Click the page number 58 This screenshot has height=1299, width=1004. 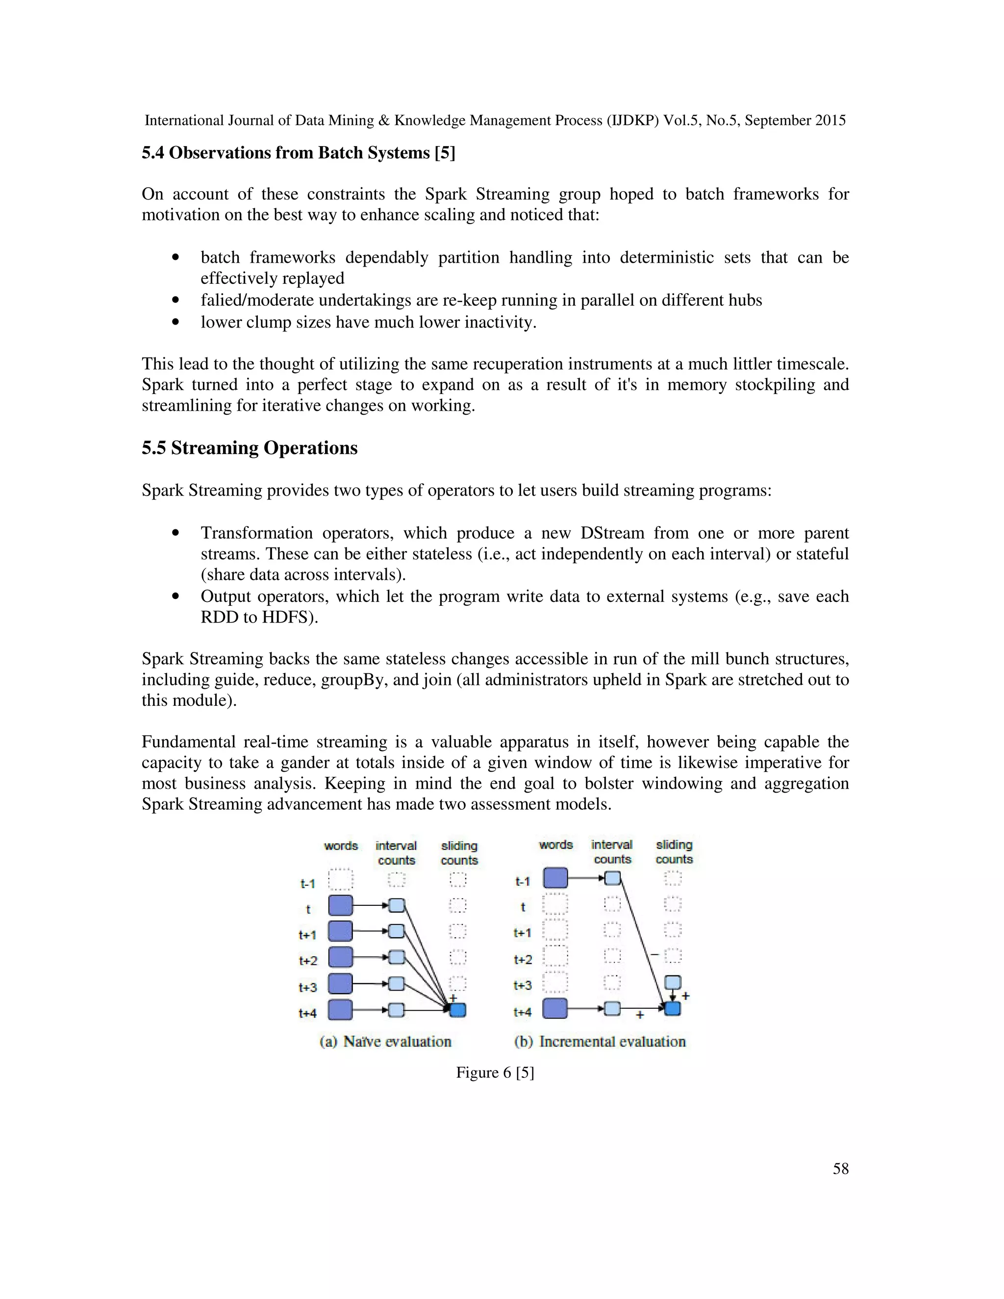840,1169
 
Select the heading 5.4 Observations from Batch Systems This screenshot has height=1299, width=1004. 298,153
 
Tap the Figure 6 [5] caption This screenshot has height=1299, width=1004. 495,1073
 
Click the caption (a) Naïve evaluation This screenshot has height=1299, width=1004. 385,1042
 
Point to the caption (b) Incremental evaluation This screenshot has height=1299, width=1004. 600,1042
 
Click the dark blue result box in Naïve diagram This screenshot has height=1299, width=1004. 457,1010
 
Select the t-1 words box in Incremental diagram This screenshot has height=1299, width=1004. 555,878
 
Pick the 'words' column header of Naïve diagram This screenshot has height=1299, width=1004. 341,846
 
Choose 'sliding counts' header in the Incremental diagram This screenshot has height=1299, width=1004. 674,852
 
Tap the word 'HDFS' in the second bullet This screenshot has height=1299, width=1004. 288,617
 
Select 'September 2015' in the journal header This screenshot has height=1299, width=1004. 795,121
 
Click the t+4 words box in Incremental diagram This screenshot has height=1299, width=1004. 555,1009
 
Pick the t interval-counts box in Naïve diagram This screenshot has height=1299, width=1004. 397,906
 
